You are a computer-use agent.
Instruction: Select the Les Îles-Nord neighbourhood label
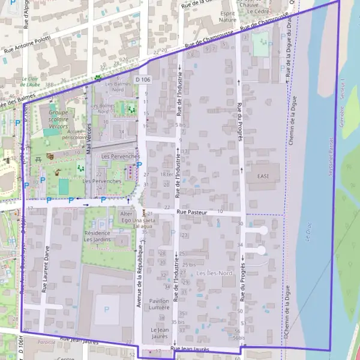coord(215,274)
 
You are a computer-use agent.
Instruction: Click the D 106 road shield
coord(143,79)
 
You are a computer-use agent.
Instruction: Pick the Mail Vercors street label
coord(89,138)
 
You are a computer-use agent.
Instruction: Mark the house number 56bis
coord(239,338)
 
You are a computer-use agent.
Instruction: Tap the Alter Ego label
coord(127,217)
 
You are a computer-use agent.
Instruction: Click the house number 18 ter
coord(166,174)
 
